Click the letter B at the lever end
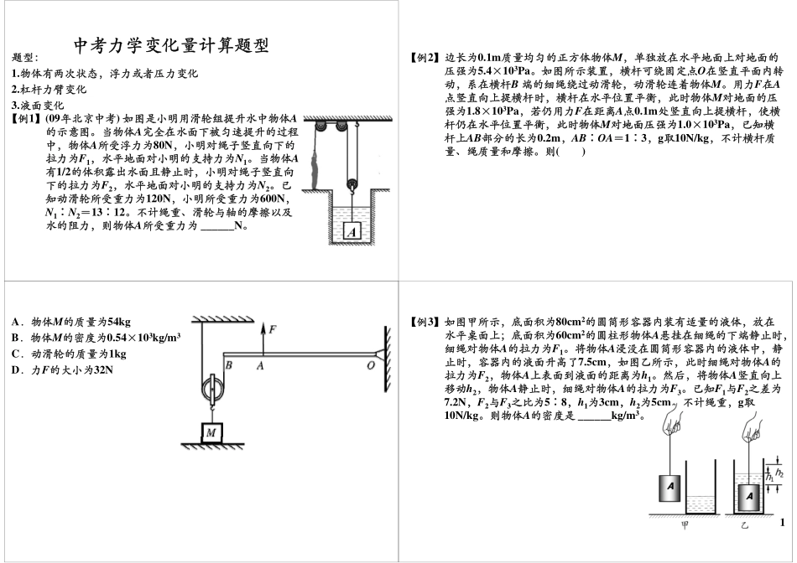click(x=228, y=364)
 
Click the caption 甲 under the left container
click(x=685, y=524)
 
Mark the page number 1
click(x=782, y=522)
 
